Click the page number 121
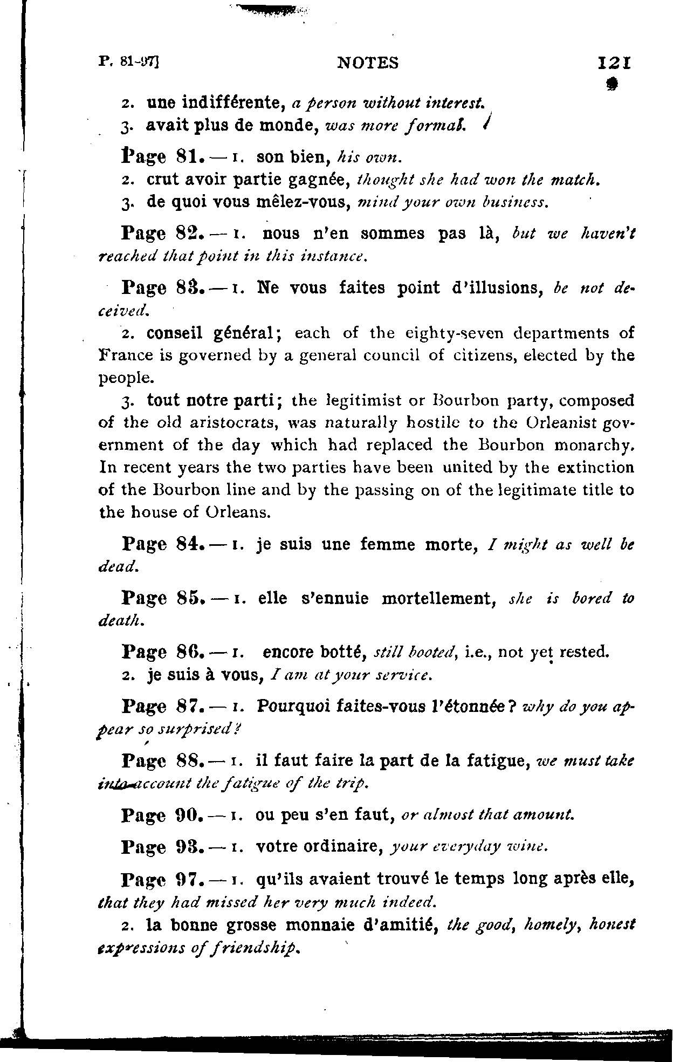615,63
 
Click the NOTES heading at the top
368,64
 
